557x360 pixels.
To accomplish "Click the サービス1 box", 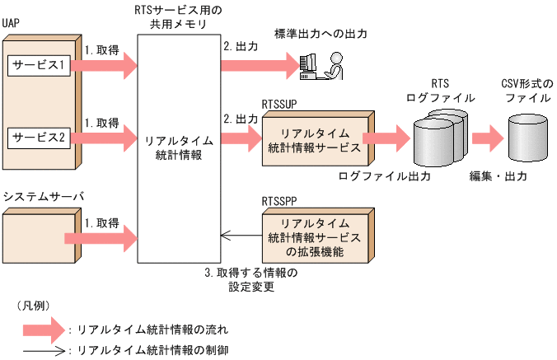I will coord(39,64).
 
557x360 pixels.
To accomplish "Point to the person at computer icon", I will coord(321,64).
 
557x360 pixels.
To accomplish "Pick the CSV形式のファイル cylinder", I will coord(528,137).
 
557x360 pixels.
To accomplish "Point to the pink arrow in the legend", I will coord(46,330).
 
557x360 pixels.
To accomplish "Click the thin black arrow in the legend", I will coord(46,349).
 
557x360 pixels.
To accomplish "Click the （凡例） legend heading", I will coord(34,305).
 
